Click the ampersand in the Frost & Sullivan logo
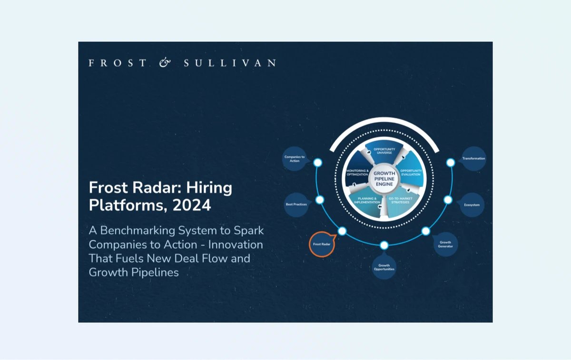coord(165,63)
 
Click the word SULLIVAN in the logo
coord(229,63)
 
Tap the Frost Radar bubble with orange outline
coord(322,244)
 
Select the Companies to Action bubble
coord(295,159)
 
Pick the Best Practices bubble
coord(296,204)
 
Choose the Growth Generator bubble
coord(445,244)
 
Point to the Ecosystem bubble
coord(472,205)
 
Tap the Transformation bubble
coord(473,158)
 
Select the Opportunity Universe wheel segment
coord(384,151)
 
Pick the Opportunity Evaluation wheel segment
coord(410,172)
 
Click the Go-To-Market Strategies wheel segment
coord(400,201)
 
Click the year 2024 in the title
coord(192,206)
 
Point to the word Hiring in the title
coord(211,188)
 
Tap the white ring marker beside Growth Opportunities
coord(384,245)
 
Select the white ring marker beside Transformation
coord(451,163)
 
